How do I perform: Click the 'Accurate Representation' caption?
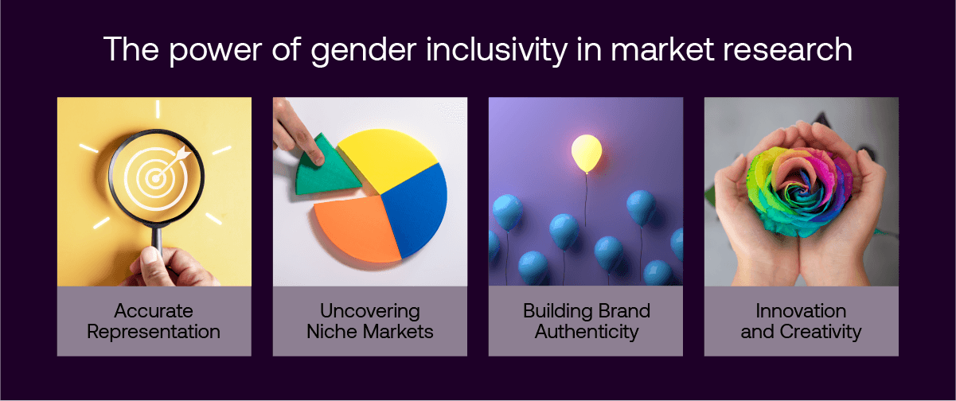154,321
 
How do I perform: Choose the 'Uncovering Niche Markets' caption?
369,321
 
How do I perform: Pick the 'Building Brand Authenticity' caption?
586,321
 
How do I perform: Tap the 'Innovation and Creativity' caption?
801,321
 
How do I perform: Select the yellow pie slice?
387,160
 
